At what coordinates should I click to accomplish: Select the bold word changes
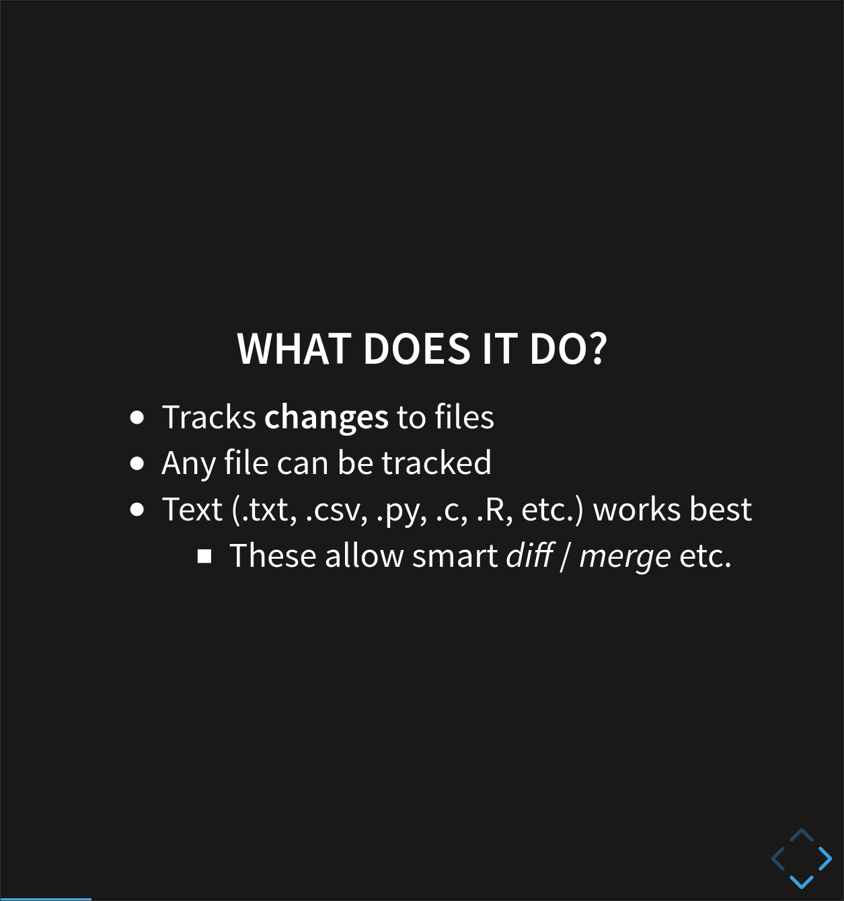(x=326, y=418)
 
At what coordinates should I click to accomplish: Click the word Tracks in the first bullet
(x=208, y=418)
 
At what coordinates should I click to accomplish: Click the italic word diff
(x=529, y=556)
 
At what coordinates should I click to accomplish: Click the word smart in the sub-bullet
(x=455, y=556)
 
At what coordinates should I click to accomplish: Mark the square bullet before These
(x=204, y=556)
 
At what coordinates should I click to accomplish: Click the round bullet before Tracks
(x=137, y=418)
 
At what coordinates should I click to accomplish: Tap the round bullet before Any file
(x=137, y=463)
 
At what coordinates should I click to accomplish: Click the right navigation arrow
(x=824, y=858)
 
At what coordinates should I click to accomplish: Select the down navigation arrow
(x=801, y=880)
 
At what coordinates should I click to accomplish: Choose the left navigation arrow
(x=778, y=858)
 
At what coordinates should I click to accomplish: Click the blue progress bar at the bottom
(x=45, y=898)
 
